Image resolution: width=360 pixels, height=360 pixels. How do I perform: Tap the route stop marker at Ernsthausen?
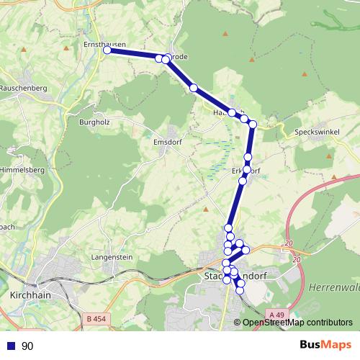pos(107,50)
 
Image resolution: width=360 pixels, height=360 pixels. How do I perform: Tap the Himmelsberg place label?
pos(23,169)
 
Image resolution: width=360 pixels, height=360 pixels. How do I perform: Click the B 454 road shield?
pos(95,318)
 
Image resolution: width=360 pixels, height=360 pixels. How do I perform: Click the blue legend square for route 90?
pos(11,346)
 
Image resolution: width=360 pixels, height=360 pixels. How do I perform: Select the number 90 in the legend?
pos(27,346)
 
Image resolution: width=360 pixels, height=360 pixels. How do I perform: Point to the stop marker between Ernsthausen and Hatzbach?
pos(194,88)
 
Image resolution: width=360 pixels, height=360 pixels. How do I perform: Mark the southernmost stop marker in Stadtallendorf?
pos(240,290)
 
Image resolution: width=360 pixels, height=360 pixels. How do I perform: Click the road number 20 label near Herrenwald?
pos(289,244)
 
